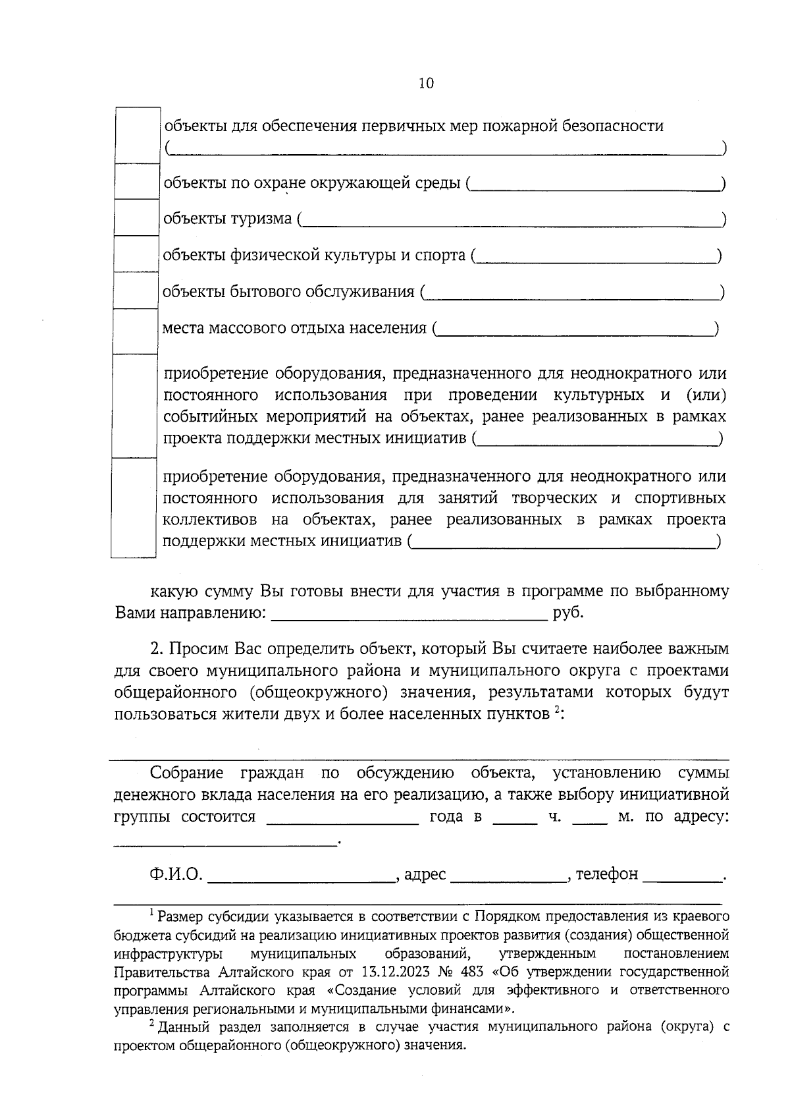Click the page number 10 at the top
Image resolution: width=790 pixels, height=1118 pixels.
[x=426, y=84]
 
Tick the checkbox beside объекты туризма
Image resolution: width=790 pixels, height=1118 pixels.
[x=136, y=217]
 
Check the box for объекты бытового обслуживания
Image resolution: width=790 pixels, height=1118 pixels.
[x=136, y=291]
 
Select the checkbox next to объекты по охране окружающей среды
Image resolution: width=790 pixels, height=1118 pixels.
[x=136, y=181]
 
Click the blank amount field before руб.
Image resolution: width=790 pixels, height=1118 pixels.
[x=409, y=615]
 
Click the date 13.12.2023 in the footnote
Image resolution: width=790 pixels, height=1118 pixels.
[x=392, y=972]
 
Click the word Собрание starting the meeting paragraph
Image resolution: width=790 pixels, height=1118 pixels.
[x=187, y=773]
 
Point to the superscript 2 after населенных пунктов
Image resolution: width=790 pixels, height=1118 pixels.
[x=557, y=710]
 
